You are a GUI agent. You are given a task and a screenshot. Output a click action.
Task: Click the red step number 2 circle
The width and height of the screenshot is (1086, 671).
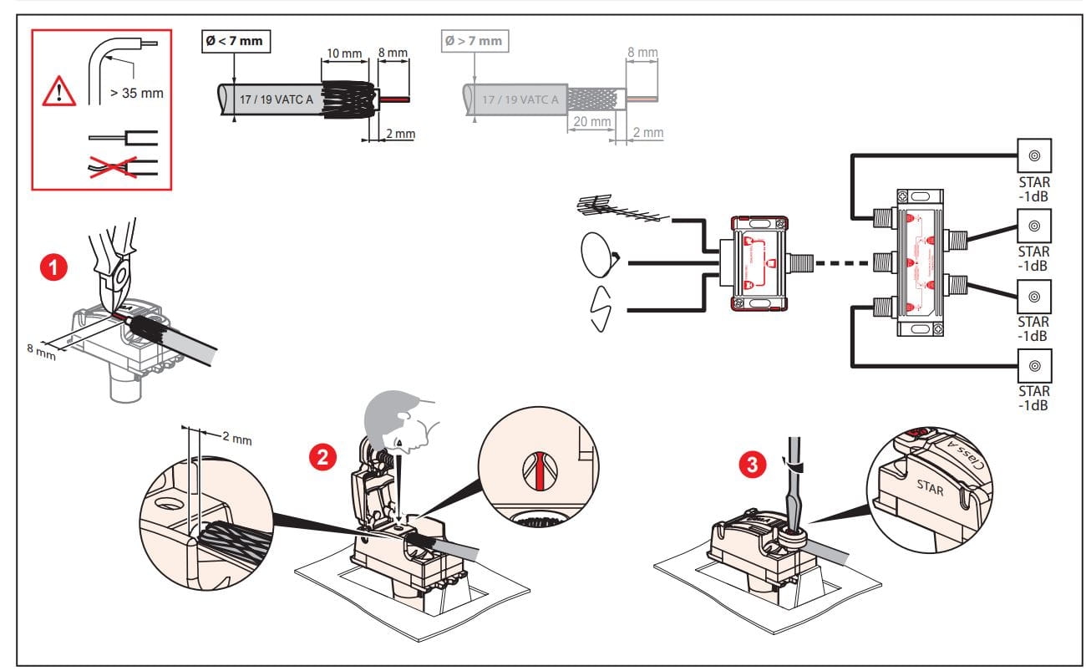coord(322,456)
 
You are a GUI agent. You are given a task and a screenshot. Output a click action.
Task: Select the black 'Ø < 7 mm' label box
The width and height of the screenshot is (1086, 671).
coord(236,40)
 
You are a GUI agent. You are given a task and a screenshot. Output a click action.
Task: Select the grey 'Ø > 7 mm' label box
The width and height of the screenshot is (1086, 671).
coord(474,40)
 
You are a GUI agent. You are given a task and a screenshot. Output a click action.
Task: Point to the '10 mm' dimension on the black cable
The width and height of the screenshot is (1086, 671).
coord(344,53)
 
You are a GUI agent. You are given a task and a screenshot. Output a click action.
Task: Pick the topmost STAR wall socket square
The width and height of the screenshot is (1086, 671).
coord(1033,155)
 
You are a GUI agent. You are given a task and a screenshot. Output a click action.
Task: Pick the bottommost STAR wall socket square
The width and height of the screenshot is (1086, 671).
coord(1033,365)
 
